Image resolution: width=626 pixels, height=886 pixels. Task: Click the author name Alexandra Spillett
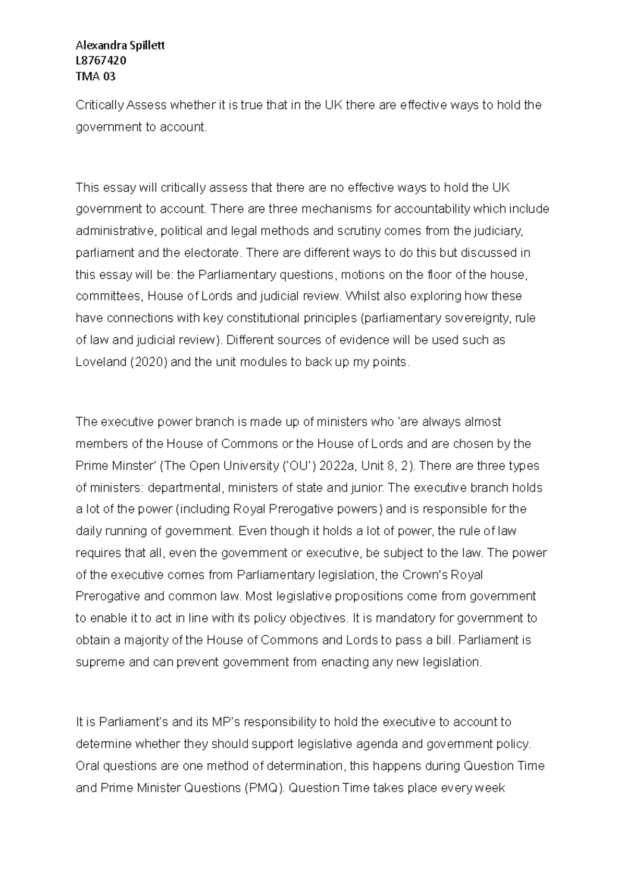[120, 45]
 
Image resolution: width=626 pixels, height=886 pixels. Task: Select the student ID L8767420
[101, 61]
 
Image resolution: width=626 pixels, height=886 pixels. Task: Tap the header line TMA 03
[95, 76]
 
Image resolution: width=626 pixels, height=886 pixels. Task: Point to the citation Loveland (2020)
[122, 362]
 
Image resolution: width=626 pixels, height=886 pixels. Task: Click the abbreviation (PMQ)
[263, 787]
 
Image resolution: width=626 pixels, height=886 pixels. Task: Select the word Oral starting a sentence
[87, 765]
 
